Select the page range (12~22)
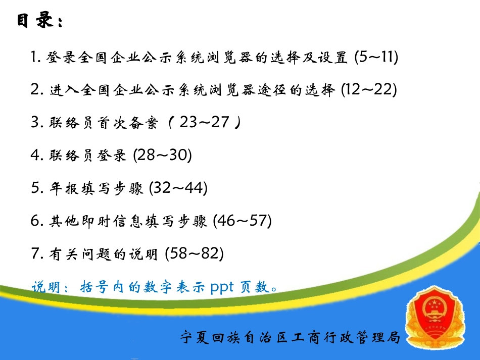[x=368, y=90]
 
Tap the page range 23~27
[x=205, y=123]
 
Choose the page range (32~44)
[x=178, y=188]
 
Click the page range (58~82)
[x=195, y=253]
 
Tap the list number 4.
[x=35, y=156]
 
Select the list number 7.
[x=35, y=253]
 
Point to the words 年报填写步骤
[x=97, y=189]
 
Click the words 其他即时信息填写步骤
[x=128, y=222]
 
